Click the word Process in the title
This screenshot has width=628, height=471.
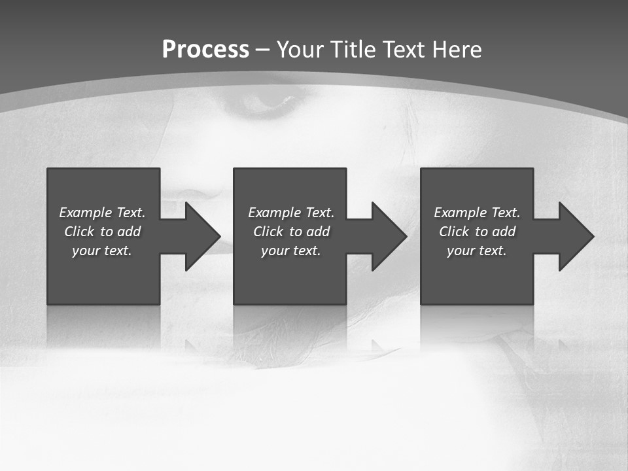[x=205, y=50]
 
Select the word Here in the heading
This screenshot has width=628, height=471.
[x=457, y=50]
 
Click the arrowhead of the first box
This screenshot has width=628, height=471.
[x=202, y=236]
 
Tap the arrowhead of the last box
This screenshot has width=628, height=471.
[x=576, y=236]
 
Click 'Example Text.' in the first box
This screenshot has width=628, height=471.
[x=102, y=213]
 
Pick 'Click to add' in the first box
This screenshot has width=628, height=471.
[x=102, y=232]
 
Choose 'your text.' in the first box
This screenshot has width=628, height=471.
[x=102, y=251]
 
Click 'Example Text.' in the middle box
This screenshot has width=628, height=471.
[x=291, y=213]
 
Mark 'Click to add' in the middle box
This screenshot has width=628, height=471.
[x=291, y=232]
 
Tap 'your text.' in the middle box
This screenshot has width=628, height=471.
[x=291, y=251]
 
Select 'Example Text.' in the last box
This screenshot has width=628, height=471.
[x=477, y=213]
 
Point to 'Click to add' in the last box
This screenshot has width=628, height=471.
[x=477, y=232]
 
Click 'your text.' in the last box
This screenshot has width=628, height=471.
[x=477, y=251]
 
